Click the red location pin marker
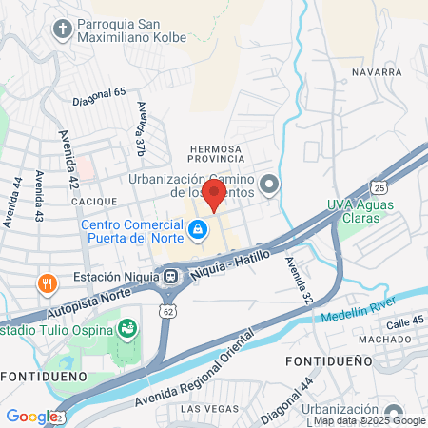(214, 195)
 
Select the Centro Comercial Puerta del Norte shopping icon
(197, 229)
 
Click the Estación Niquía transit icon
(171, 276)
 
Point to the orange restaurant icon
(45, 282)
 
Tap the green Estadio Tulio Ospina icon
(126, 329)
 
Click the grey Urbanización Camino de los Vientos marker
(269, 185)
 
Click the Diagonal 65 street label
(99, 94)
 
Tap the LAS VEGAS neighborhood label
(205, 408)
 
